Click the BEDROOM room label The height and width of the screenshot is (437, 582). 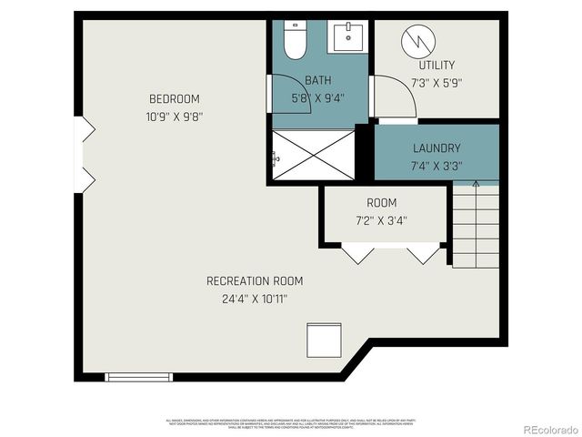[x=175, y=98]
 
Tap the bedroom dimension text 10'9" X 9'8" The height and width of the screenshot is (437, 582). [x=175, y=117]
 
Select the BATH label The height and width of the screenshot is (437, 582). [x=317, y=80]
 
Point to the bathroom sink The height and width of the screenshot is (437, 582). [x=347, y=37]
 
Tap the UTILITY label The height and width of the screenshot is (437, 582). [x=436, y=65]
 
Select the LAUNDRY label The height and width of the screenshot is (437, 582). [x=436, y=147]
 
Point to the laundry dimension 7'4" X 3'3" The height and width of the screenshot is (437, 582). [x=436, y=166]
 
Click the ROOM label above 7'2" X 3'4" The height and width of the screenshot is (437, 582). [x=382, y=202]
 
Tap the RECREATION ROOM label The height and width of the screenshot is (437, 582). [x=255, y=280]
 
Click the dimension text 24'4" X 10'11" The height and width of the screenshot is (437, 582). [x=255, y=298]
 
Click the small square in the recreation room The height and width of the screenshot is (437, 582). [x=321, y=340]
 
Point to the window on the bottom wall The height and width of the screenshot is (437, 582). [x=138, y=376]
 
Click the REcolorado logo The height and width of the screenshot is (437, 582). [x=544, y=427]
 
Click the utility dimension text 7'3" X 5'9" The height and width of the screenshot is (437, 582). [x=436, y=82]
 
